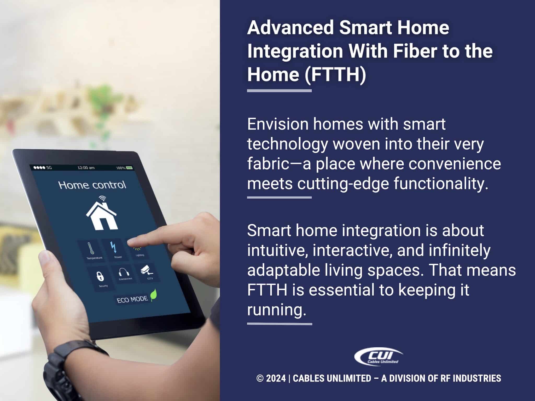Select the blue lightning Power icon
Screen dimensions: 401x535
113,247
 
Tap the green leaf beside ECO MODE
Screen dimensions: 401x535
154,295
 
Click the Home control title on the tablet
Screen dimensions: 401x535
92,185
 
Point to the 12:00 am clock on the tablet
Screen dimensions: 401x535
86,167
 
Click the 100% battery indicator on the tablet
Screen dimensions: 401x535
124,168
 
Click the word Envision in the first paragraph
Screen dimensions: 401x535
277,124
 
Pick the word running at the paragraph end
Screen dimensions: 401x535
276,310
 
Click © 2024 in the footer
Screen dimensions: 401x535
271,378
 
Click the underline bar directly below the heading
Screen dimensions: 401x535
279,91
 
